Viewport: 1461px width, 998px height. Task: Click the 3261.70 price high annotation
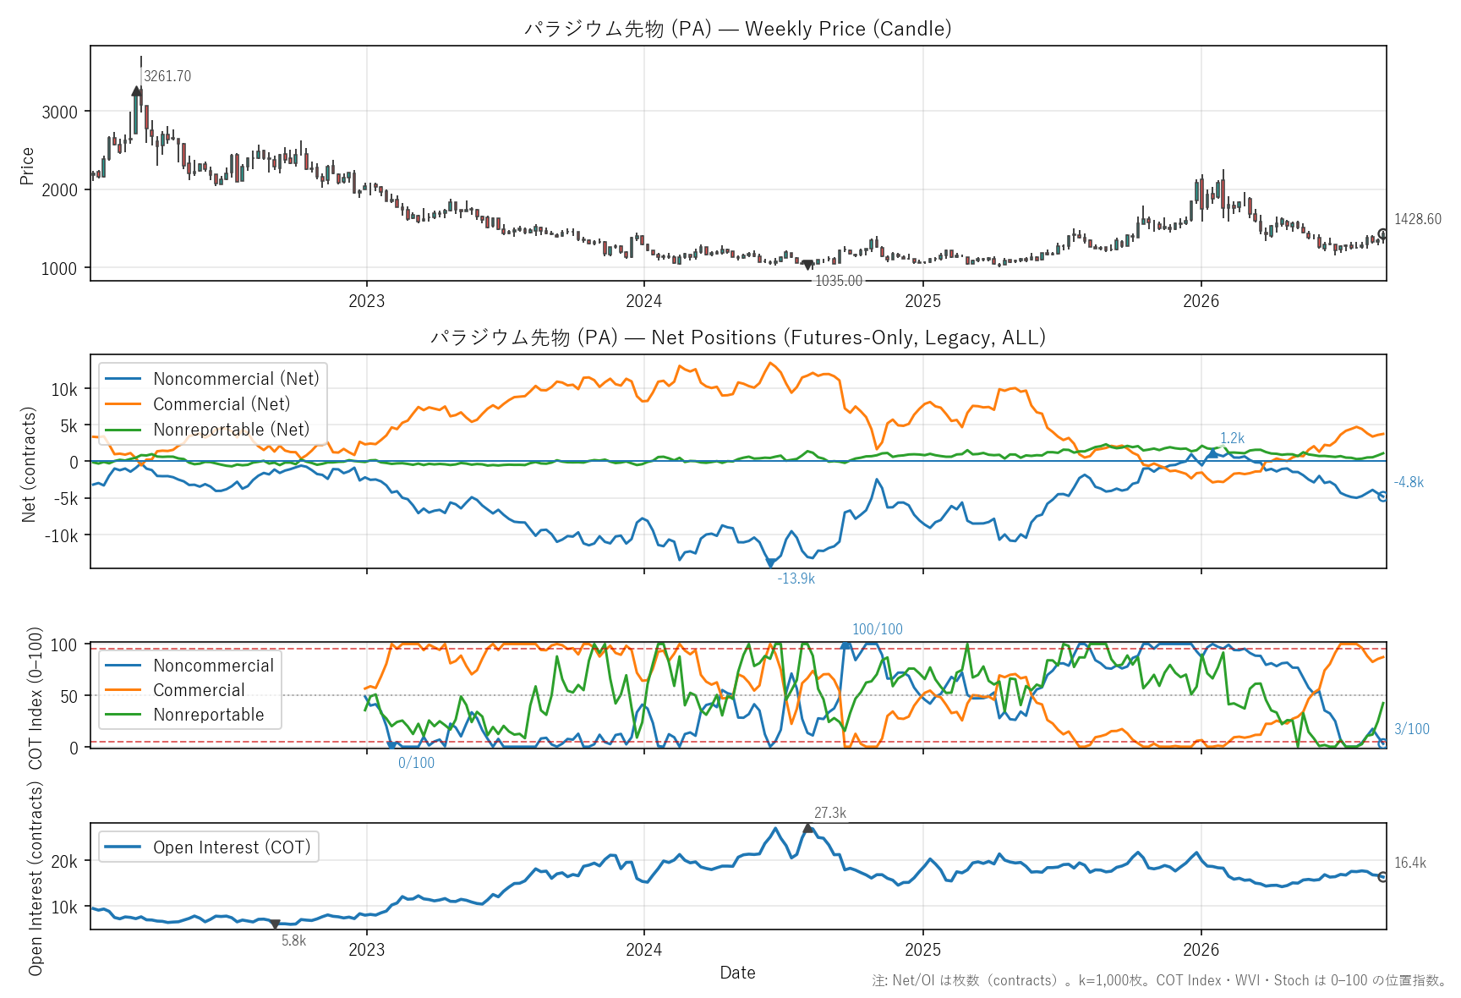click(167, 76)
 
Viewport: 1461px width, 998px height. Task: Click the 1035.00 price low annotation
click(839, 281)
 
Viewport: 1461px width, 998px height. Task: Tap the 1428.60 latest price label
click(1418, 219)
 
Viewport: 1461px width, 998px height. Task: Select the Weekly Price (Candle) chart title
click(737, 29)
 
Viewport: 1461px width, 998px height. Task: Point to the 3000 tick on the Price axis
click(59, 112)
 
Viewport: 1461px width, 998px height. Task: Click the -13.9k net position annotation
click(796, 579)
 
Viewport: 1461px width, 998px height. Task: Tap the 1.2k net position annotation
click(1232, 438)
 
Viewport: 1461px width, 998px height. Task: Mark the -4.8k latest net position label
click(1409, 482)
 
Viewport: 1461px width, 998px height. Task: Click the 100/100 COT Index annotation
click(877, 629)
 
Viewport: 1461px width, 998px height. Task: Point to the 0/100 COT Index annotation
click(416, 763)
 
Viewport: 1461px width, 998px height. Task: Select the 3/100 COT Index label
click(1412, 729)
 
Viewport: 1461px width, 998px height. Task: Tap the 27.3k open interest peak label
click(830, 813)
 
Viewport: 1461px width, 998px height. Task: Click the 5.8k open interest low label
click(293, 940)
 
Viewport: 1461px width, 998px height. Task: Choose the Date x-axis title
click(737, 973)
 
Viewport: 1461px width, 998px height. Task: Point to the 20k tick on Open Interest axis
click(64, 862)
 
